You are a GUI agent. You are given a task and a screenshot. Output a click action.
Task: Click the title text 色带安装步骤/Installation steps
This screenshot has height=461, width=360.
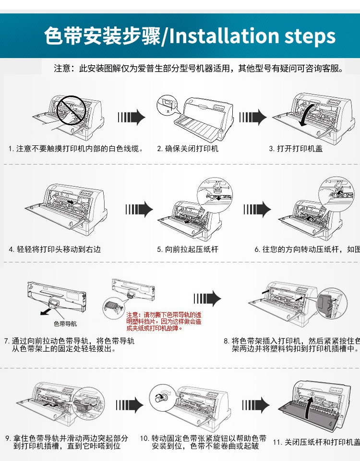click(x=190, y=36)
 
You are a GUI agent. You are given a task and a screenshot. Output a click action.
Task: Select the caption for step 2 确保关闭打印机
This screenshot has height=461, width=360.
click(x=188, y=149)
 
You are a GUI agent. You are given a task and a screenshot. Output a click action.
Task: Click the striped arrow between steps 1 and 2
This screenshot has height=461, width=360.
click(x=132, y=117)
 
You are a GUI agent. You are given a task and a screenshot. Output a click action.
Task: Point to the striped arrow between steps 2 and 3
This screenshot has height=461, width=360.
click(x=252, y=117)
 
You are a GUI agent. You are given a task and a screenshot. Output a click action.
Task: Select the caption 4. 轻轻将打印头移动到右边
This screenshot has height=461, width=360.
click(x=55, y=249)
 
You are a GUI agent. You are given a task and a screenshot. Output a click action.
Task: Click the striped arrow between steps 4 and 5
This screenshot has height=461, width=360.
click(x=139, y=209)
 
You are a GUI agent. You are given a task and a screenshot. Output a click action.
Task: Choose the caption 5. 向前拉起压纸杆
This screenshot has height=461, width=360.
click(x=188, y=249)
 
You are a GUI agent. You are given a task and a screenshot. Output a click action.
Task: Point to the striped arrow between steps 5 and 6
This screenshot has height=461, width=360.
click(x=257, y=209)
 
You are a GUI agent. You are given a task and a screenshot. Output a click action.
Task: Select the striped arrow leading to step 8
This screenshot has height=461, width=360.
click(x=206, y=298)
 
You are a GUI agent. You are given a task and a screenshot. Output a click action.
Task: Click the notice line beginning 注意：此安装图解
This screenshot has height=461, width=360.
click(x=199, y=69)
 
